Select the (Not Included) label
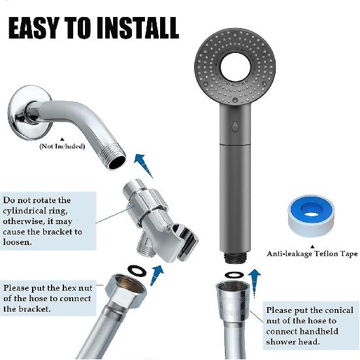(x=62, y=146)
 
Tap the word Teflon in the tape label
(x=323, y=254)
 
